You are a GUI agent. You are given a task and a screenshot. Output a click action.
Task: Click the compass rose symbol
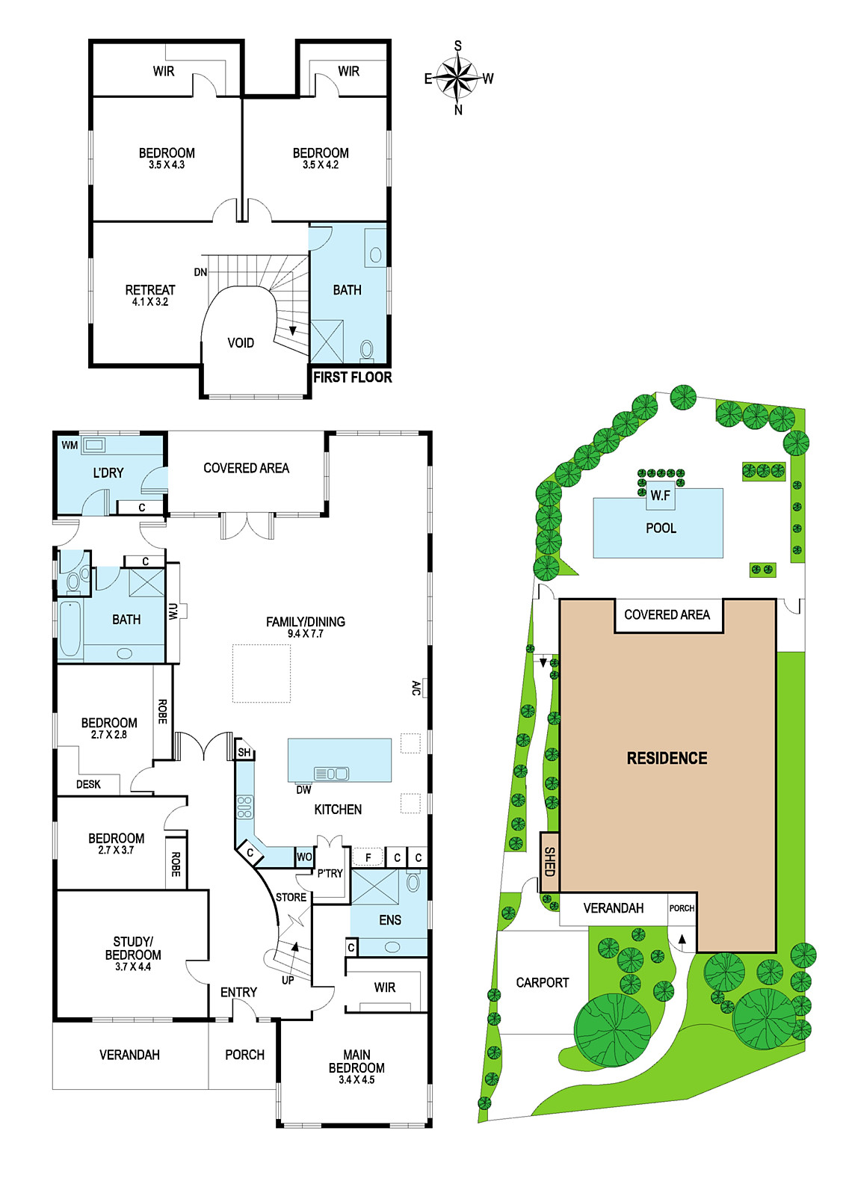(457, 78)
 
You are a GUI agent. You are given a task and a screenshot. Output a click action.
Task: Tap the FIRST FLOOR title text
(352, 377)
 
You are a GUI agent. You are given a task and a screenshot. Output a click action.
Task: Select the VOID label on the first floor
(241, 343)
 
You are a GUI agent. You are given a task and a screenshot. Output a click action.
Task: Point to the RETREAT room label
(150, 290)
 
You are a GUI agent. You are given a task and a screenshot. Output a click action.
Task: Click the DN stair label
(200, 272)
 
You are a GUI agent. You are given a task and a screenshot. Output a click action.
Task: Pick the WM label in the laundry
(70, 446)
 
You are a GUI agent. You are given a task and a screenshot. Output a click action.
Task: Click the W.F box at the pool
(660, 496)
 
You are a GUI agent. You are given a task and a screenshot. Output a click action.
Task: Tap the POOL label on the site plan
(661, 528)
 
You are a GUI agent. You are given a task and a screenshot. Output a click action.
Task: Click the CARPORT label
(543, 982)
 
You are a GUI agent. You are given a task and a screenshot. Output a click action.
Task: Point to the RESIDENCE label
(667, 758)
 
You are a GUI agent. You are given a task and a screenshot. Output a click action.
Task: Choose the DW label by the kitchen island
(303, 789)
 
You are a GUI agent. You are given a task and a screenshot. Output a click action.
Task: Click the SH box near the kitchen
(244, 752)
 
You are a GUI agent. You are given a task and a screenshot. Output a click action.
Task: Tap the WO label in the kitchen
(304, 857)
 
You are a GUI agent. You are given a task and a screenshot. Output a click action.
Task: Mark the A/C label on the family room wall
(416, 688)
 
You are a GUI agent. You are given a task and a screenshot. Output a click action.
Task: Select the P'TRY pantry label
(330, 874)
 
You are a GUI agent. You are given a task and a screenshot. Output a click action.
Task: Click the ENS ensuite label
(390, 920)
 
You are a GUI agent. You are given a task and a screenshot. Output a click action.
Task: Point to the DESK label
(89, 784)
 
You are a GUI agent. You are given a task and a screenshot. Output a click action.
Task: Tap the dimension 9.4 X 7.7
(306, 634)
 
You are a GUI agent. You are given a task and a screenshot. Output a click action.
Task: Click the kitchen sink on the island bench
(332, 773)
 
